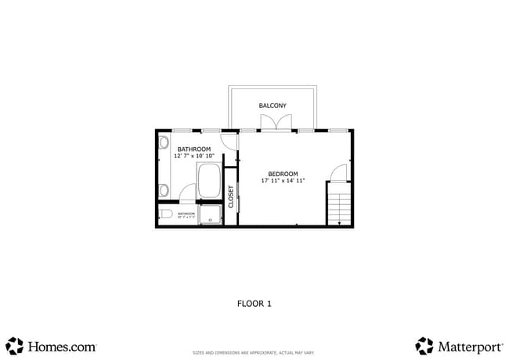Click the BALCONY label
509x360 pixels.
273,106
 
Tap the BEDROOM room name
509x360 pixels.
283,174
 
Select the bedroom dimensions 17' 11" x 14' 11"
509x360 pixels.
283,181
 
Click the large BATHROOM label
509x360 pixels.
193,149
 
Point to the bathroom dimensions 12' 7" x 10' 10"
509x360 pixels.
193,156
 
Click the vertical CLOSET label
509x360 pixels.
231,196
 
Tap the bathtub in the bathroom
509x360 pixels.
209,181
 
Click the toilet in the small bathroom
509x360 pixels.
165,214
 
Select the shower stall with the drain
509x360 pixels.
210,214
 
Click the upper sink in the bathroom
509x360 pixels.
164,143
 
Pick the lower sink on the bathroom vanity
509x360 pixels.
164,189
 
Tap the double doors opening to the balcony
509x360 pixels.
278,123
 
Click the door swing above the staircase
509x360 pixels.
339,174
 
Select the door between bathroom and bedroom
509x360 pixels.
229,141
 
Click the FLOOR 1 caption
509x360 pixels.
254,304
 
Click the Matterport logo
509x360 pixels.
459,346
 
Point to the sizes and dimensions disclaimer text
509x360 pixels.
254,353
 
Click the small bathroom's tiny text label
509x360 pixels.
186,214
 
